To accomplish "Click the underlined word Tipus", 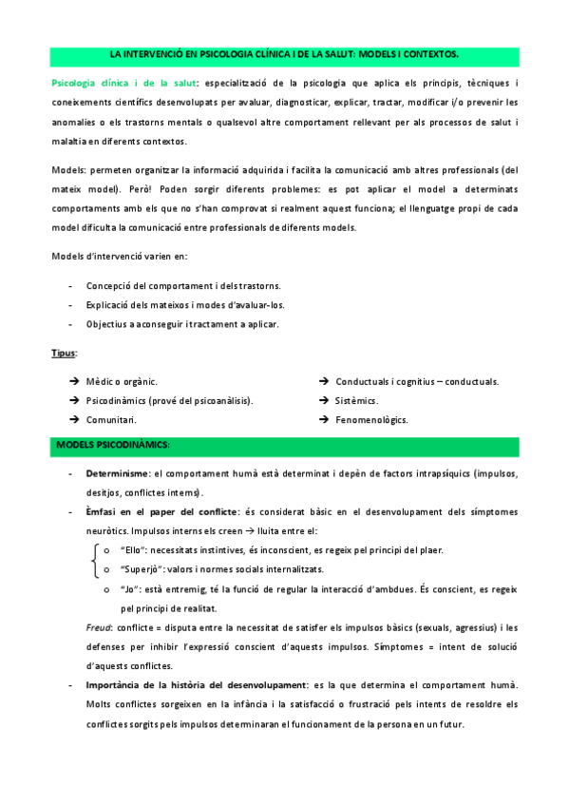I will pyautogui.click(x=64, y=353).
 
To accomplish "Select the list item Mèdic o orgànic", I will pyautogui.click(x=122, y=381).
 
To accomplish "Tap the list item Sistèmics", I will pyautogui.click(x=356, y=400).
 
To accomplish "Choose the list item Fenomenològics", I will pyautogui.click(x=370, y=419).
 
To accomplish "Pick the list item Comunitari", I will pyautogui.click(x=110, y=419).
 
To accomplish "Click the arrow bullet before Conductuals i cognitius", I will pyautogui.click(x=324, y=381).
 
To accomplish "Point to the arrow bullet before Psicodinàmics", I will pyautogui.click(x=73, y=400).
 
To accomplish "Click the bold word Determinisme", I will pyautogui.click(x=117, y=473).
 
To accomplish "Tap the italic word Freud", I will pyautogui.click(x=98, y=627).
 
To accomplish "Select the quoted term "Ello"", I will pyautogui.click(x=132, y=550).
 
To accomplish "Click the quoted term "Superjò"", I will pyautogui.click(x=141, y=569).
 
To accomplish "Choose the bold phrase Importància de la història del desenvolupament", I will pyautogui.click(x=197, y=685).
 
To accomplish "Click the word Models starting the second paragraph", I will pyautogui.click(x=67, y=170).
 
